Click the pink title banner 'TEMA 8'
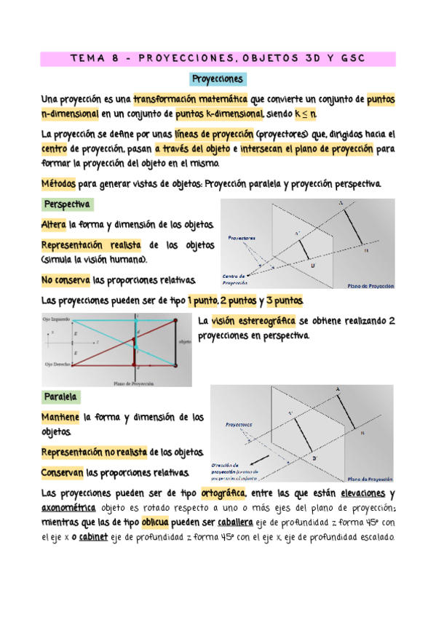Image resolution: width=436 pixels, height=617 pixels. point(218,57)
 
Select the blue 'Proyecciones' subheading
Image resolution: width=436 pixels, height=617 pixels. point(218,79)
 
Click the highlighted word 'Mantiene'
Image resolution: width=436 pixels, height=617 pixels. point(62,418)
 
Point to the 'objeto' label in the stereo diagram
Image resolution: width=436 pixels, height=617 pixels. point(184,341)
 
